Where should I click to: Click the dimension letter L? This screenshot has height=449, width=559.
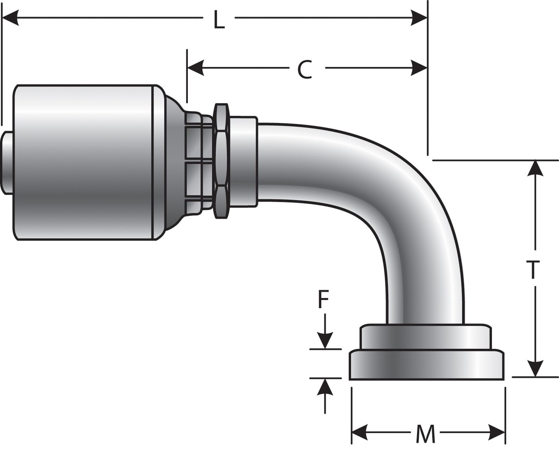[219, 21]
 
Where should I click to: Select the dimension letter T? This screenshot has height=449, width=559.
[533, 270]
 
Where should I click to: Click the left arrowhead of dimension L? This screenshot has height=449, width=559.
[10, 18]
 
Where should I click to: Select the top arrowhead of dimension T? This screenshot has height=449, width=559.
[535, 168]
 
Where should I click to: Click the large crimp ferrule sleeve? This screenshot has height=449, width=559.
[85, 162]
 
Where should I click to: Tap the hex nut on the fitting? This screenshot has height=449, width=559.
[221, 162]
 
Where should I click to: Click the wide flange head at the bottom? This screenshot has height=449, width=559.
[426, 365]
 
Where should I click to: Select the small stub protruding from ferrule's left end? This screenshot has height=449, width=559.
[7, 162]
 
